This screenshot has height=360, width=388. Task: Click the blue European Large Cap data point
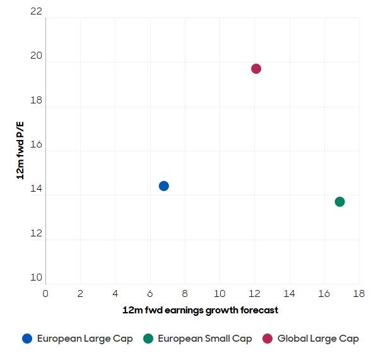[x=163, y=186]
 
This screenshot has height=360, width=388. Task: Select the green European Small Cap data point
[x=340, y=202]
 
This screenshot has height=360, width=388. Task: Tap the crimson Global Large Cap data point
[x=256, y=69]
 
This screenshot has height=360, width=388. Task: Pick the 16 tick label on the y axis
[x=36, y=145]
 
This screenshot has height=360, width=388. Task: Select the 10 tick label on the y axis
[x=36, y=277]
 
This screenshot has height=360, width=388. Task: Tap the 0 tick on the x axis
[x=45, y=294]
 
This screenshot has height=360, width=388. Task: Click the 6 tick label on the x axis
[x=150, y=294]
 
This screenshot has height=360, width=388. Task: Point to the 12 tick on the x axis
[x=254, y=294]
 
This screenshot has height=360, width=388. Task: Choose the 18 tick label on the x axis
[x=359, y=294]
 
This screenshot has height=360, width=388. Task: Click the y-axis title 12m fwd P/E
[x=20, y=151]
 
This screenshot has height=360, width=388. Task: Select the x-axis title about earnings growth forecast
[x=200, y=310]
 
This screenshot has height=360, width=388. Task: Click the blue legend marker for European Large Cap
[x=27, y=339]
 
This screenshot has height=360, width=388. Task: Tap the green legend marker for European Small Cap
[x=148, y=339]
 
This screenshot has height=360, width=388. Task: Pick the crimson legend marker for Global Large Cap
[x=267, y=339]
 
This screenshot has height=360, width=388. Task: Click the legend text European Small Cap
[x=204, y=339]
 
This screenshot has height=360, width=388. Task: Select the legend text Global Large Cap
[x=318, y=339]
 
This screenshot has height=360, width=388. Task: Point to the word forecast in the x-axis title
[x=257, y=310]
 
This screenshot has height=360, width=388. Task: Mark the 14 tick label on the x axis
[x=289, y=294]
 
